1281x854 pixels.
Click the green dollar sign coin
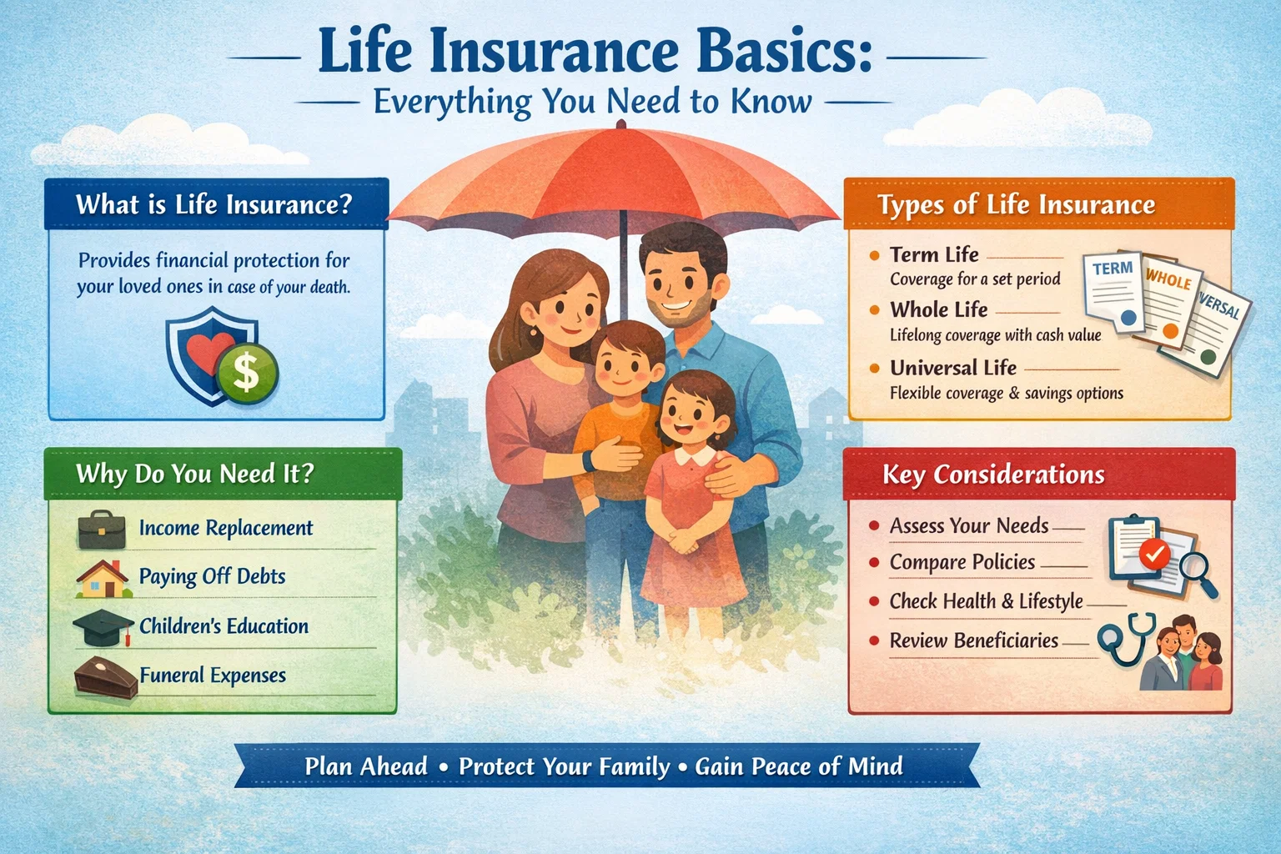tap(246, 372)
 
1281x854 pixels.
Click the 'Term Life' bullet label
tap(933, 254)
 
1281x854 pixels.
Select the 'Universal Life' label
tap(952, 368)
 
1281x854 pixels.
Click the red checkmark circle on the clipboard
tap(1154, 553)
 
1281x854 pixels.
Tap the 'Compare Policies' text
tap(962, 562)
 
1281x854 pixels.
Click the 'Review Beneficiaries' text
tap(973, 640)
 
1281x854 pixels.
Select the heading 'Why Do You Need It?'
tap(194, 474)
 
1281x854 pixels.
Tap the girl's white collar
tap(695, 457)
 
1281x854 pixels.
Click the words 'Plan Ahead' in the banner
tap(365, 766)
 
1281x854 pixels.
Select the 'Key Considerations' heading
tap(993, 475)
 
